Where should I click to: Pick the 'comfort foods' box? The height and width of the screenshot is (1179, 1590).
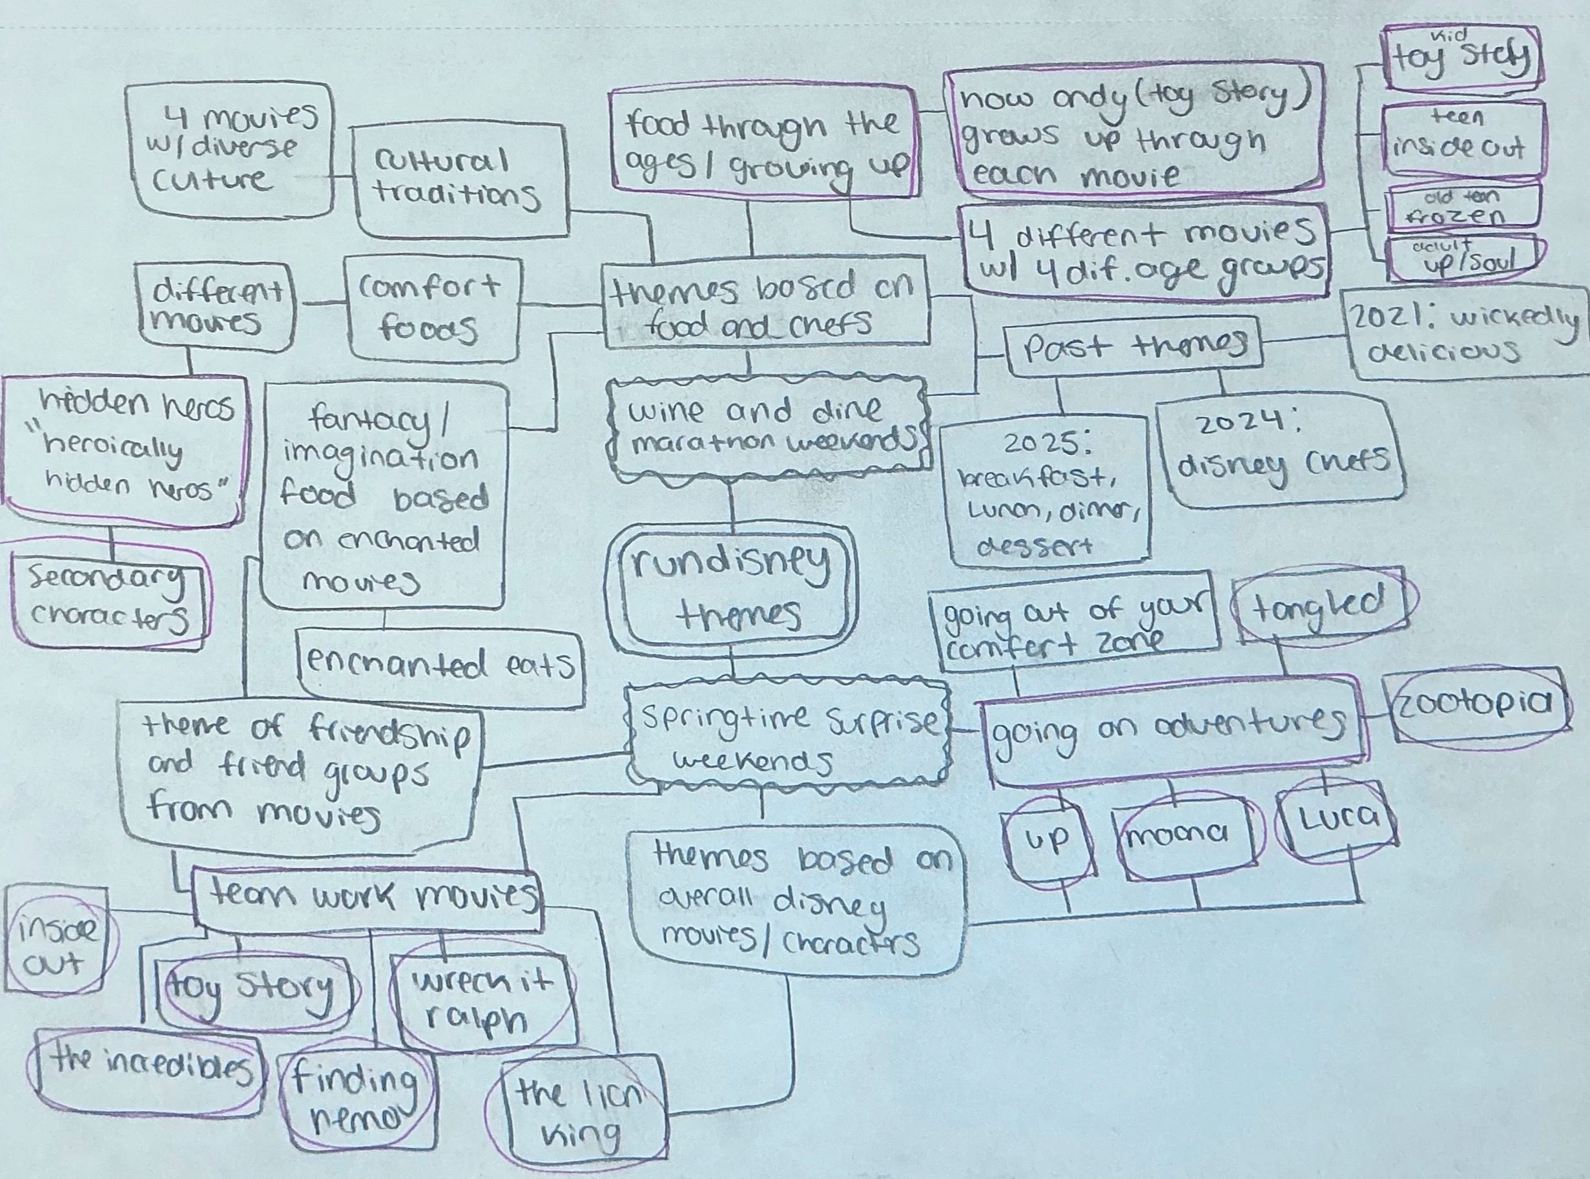pos(431,309)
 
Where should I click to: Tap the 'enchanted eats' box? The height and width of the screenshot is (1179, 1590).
pos(439,666)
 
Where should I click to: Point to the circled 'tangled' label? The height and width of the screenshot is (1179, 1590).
pos(1322,607)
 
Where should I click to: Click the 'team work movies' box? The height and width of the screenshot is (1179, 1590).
pos(367,901)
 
